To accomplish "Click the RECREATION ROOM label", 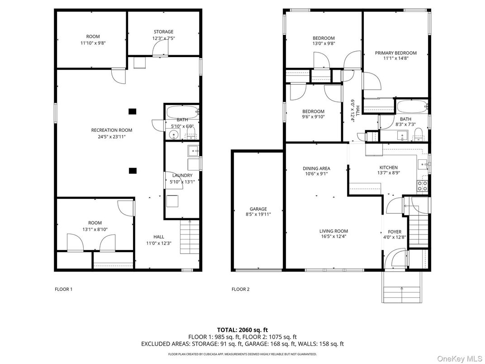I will click(111, 130).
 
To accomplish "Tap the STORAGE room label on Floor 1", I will click(163, 32).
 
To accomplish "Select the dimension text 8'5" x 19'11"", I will click(258, 215).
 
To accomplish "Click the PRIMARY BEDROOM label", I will click(395, 53).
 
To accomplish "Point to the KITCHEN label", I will click(388, 168).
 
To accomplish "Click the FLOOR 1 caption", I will click(63, 289).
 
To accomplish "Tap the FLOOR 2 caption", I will click(240, 289).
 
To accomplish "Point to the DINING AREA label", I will click(316, 168).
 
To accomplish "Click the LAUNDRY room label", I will click(182, 176).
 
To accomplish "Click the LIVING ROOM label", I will click(333, 231).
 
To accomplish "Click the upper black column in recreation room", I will click(132, 111).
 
